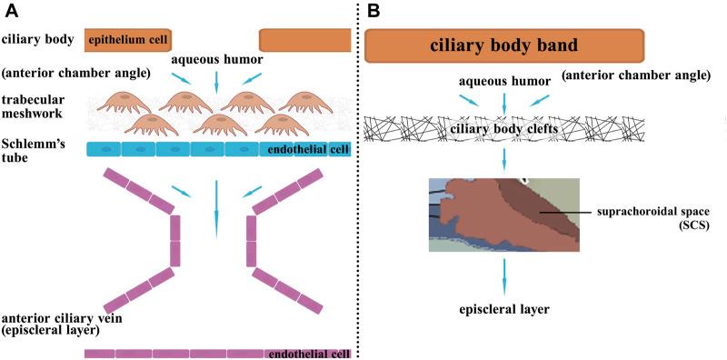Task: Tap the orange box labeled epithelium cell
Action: click(x=127, y=39)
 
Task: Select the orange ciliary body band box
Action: click(x=504, y=45)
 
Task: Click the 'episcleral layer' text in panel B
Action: click(x=503, y=310)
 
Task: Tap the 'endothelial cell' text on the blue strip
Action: click(x=305, y=148)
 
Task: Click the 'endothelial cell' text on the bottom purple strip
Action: click(x=306, y=354)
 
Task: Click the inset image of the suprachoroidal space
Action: click(x=503, y=215)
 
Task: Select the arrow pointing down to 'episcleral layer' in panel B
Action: click(x=503, y=275)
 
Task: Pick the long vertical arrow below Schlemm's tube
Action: click(x=215, y=205)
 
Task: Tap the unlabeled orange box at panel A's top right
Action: click(x=304, y=39)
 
